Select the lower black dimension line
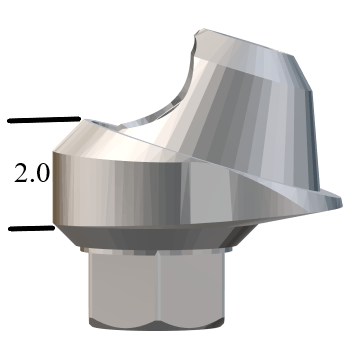coord(30,228)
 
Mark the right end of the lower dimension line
coord(52,227)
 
